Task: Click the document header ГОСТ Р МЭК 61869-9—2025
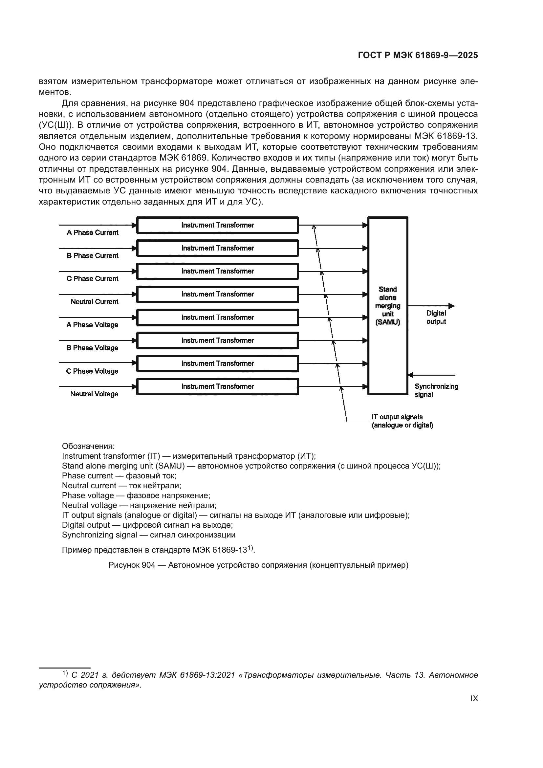coord(418,55)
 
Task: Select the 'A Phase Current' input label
coord(92,233)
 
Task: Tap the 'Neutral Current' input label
coord(94,302)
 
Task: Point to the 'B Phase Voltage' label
coord(92,348)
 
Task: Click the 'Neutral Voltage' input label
coord(94,394)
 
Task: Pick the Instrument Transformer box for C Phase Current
coord(218,271)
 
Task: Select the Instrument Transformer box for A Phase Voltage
coord(218,318)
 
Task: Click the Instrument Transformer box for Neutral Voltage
coord(218,387)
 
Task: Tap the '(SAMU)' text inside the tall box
coord(387,322)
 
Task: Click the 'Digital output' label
coord(436,318)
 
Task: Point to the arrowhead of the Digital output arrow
coord(451,306)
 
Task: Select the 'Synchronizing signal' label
coord(436,390)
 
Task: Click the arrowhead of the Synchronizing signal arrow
coord(411,375)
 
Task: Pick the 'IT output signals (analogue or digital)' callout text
coord(402,421)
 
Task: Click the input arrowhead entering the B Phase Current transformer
coord(134,248)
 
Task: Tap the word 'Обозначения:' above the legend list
coord(88,446)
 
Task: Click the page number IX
coord(474,698)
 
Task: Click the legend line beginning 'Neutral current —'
coord(121,486)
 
